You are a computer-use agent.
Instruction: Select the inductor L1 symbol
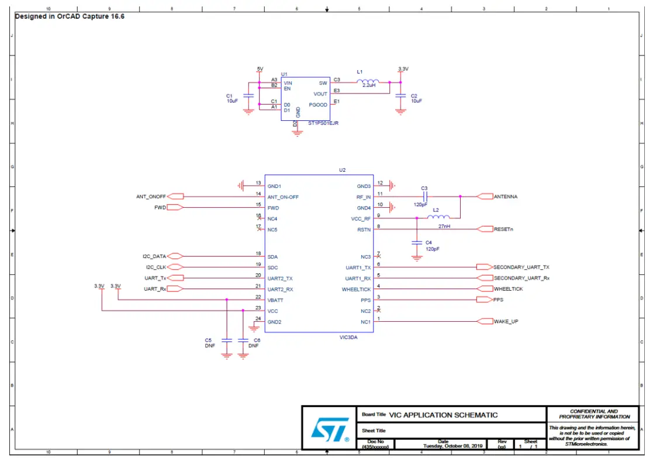click(368, 81)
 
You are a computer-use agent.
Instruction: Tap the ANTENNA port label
click(505, 197)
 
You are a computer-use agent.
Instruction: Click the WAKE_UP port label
click(505, 321)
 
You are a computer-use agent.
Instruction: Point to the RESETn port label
click(503, 229)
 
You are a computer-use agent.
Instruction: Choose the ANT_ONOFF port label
click(151, 197)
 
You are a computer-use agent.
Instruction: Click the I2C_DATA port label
click(154, 256)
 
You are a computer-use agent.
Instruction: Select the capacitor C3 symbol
click(425, 196)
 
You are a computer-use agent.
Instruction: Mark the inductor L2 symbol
click(438, 218)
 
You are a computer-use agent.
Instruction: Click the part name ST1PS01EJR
click(323, 124)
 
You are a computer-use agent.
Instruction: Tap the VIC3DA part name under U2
click(348, 337)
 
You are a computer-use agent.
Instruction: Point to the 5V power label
click(260, 69)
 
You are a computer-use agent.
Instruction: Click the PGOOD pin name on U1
click(318, 105)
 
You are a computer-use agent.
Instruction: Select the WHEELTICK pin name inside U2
click(356, 289)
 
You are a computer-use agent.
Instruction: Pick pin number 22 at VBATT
click(258, 297)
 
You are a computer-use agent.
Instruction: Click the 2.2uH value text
click(368, 86)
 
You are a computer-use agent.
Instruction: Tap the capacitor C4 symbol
click(416, 242)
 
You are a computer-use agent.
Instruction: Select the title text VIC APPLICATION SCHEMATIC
click(443, 415)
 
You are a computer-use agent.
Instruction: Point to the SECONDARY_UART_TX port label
click(521, 267)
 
